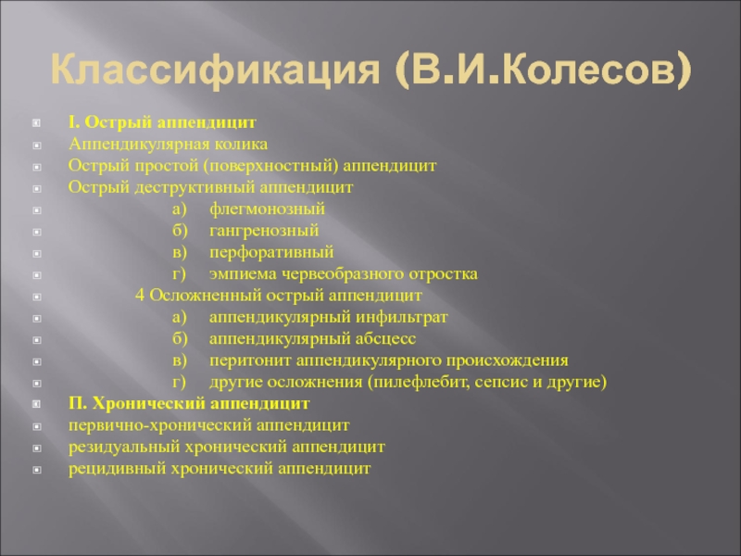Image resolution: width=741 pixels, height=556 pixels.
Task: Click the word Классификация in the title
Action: point(215,70)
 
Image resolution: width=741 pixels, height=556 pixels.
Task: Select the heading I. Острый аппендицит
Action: point(162,122)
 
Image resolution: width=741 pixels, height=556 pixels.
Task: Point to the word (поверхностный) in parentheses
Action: point(270,166)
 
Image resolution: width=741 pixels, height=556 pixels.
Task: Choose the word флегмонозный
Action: point(267,209)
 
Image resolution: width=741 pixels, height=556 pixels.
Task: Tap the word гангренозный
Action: point(264,231)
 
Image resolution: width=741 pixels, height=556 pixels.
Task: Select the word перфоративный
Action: point(271,252)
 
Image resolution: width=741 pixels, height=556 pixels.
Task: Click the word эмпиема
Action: point(243,274)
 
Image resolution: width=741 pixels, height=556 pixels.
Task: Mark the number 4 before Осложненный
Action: point(140,296)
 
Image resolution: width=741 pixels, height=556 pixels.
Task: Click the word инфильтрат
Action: point(401,317)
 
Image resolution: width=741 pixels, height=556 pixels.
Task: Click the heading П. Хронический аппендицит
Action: point(189,404)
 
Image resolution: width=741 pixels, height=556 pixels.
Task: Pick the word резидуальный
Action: point(123,448)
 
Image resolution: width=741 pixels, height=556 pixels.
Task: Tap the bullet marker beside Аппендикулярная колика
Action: point(37,145)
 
